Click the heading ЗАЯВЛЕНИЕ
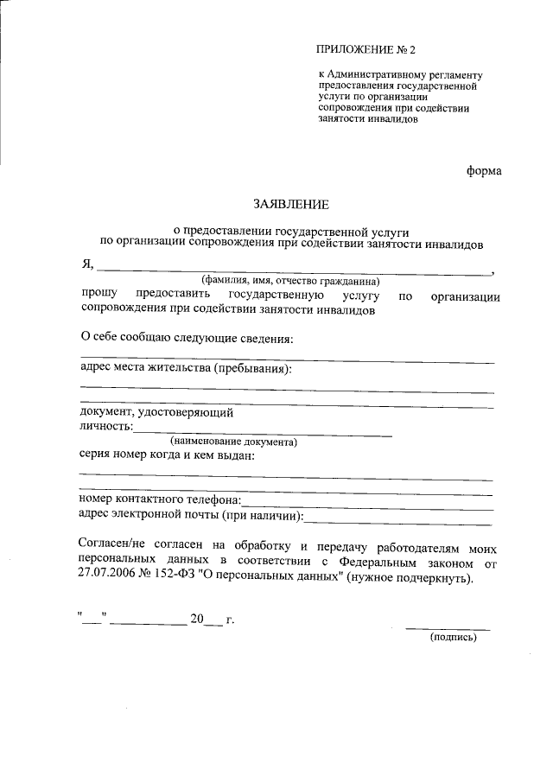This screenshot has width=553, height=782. click(292, 205)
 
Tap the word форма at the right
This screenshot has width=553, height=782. click(484, 170)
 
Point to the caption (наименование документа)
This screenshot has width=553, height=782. click(233, 442)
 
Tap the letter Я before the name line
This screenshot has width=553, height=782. click(86, 265)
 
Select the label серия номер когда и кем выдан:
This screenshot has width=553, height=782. click(166, 455)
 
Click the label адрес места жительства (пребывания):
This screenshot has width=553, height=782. click(185, 369)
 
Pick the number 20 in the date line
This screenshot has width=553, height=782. click(196, 620)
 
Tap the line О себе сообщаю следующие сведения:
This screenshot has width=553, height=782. click(187, 337)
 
